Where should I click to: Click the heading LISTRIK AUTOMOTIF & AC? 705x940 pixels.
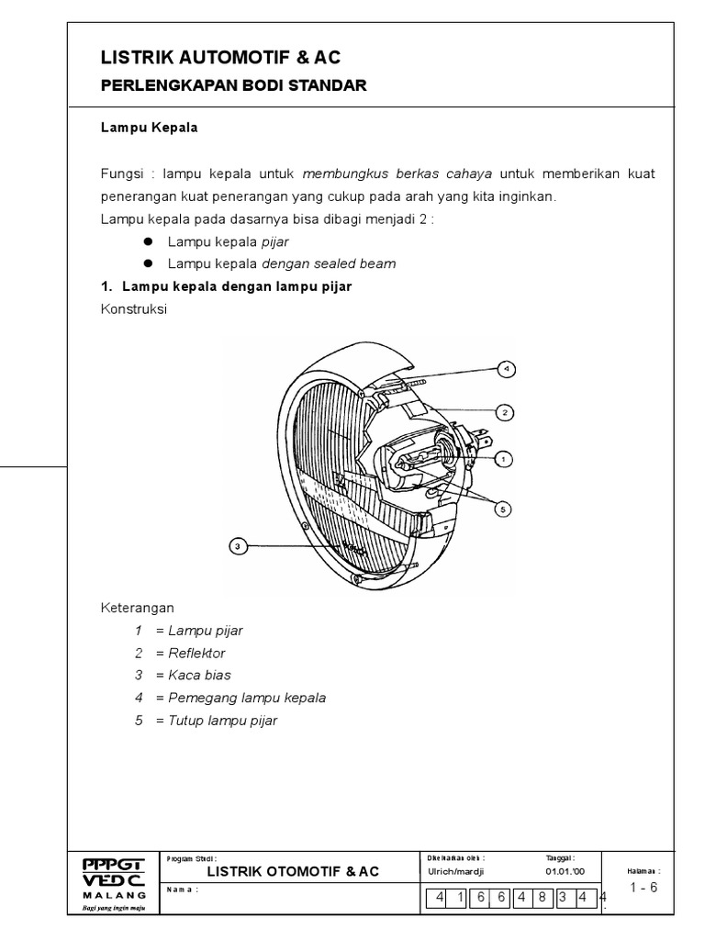220,59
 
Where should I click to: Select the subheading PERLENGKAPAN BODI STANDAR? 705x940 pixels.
233,86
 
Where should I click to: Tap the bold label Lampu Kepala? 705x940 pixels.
149,129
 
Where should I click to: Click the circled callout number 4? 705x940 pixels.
506,369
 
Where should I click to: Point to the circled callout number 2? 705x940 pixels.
505,413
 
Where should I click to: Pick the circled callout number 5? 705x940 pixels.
504,508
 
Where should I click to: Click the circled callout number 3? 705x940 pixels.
238,547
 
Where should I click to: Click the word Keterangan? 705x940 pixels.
136,608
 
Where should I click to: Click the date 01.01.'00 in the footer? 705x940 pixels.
560,870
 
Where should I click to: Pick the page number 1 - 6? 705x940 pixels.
644,887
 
